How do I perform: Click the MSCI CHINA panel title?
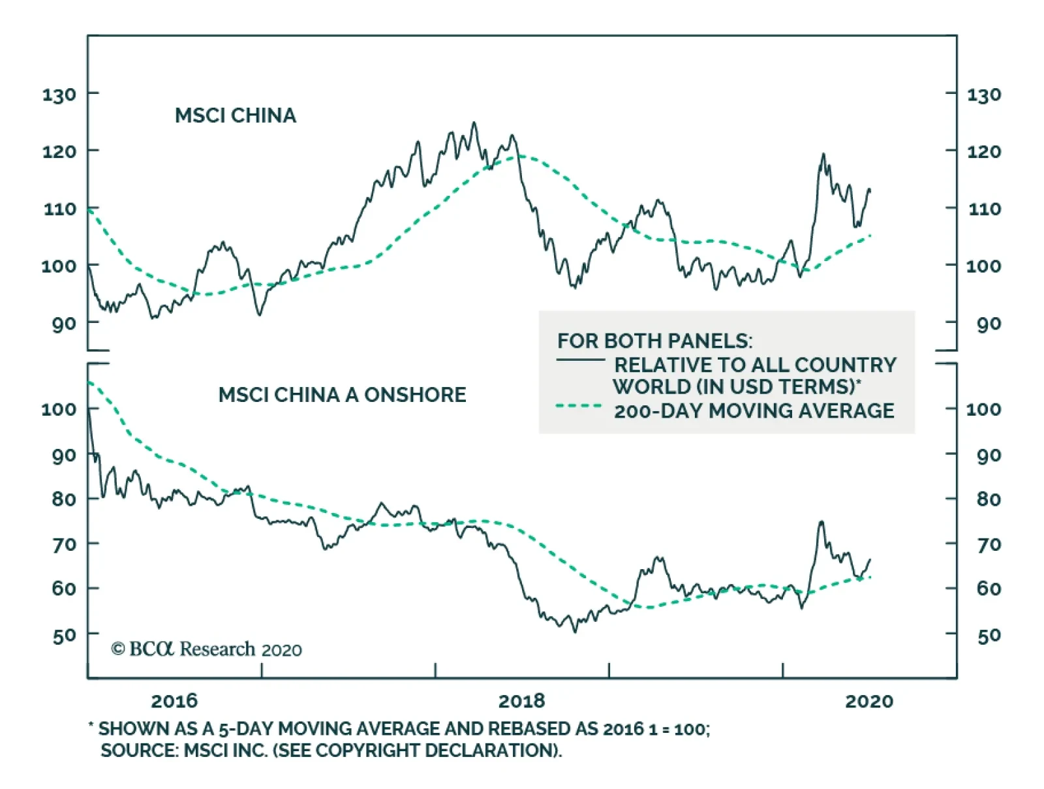pos(236,116)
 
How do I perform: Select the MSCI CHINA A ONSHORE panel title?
pos(342,395)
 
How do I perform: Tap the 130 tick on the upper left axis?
pos(59,95)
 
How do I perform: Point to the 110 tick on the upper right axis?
pos(983,209)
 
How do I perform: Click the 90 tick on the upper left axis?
pos(63,323)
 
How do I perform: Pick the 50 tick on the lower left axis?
pos(64,635)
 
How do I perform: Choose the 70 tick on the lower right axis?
pos(989,544)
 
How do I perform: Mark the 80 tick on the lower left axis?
pos(64,499)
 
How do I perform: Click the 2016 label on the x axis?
pos(174,701)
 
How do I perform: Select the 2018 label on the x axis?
pos(521,701)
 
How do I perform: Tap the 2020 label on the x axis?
pos(869,701)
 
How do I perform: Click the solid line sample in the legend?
pos(580,360)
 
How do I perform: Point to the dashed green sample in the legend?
pos(579,406)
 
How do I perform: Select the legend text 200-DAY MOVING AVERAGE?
pos(754,410)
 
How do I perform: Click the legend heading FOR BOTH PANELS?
pos(654,341)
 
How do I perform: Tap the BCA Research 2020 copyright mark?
pos(206,649)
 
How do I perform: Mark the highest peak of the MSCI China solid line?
pos(474,123)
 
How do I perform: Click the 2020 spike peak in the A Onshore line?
pos(821,521)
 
